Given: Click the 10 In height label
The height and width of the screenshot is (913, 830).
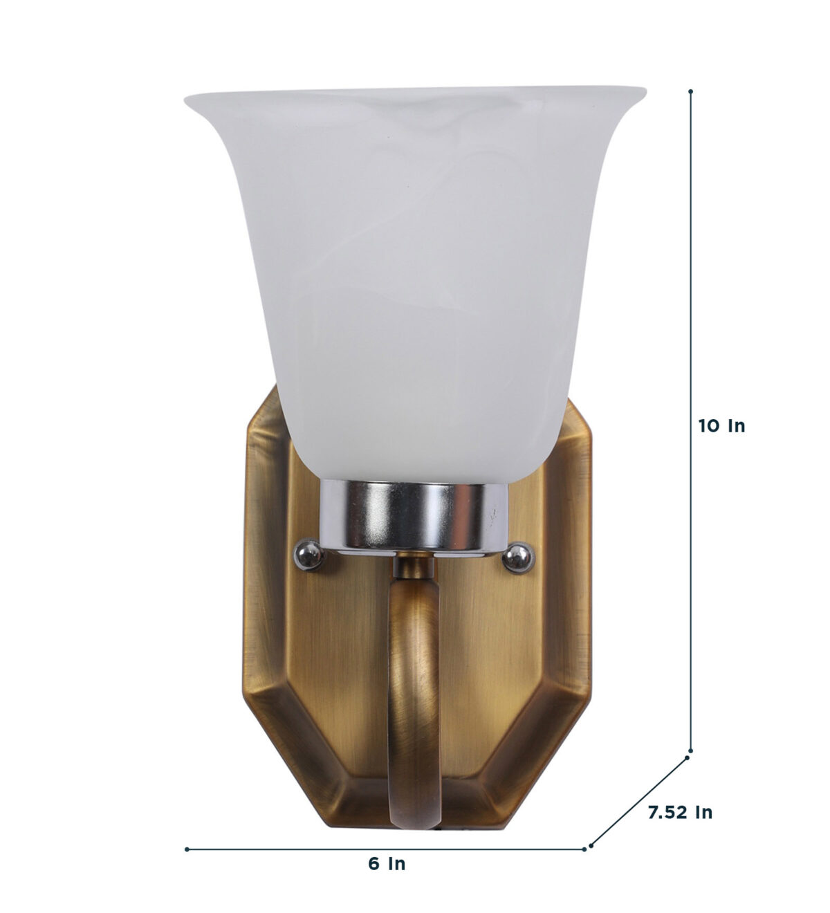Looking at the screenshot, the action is pos(721,426).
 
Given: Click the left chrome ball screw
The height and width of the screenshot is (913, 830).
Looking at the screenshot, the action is pos(309,554).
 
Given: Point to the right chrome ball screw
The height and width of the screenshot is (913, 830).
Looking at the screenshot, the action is pos(519,556).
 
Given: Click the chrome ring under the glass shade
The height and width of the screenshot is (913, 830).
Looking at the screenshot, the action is pos(412,516).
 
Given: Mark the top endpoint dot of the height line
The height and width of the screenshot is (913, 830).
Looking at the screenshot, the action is pos(691,91).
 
